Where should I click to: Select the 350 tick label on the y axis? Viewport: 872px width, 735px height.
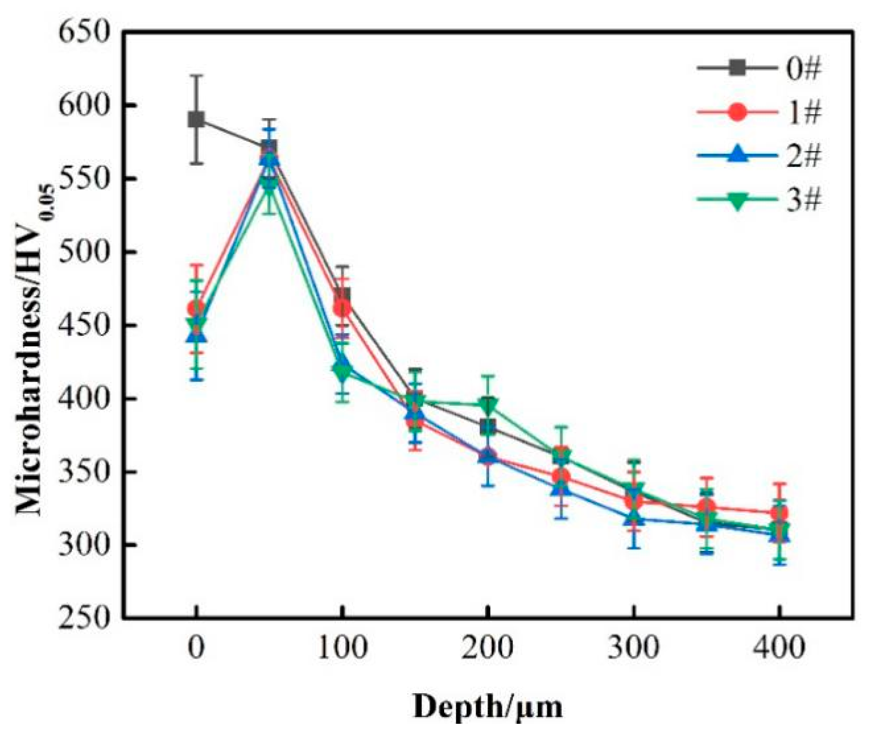84,472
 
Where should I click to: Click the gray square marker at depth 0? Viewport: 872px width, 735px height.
196,120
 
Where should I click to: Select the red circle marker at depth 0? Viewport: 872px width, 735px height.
196,309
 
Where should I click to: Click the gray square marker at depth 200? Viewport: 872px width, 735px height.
487,427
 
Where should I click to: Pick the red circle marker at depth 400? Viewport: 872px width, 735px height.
778,513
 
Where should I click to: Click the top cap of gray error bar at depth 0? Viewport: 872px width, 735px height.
196,75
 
